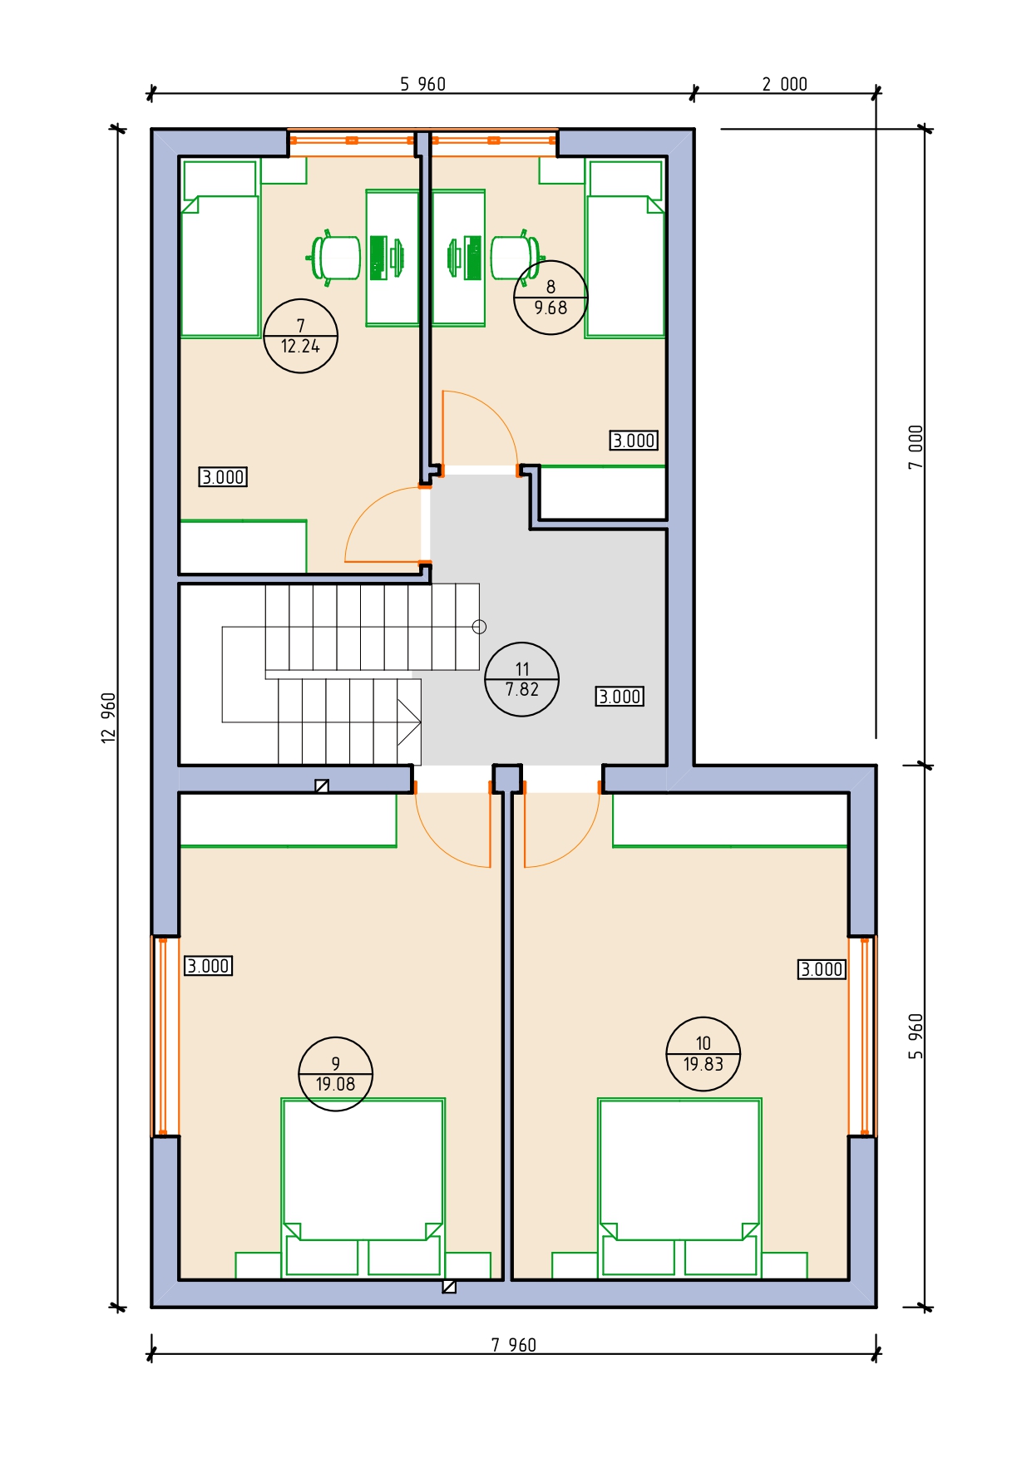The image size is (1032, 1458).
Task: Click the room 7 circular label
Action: (x=300, y=336)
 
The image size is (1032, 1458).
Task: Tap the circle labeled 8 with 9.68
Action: (x=551, y=298)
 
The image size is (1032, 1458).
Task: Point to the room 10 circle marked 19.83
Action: (x=704, y=1054)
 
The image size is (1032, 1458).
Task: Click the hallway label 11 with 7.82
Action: (x=521, y=679)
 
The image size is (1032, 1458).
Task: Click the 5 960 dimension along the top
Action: (x=422, y=84)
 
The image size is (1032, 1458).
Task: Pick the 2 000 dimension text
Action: (x=785, y=84)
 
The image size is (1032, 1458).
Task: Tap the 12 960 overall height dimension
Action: (x=109, y=717)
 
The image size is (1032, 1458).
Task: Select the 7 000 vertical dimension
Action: (x=916, y=447)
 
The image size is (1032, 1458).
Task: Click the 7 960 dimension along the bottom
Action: (x=514, y=1345)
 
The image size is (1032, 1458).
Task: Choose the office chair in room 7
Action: (x=333, y=258)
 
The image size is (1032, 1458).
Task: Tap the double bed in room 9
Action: (x=363, y=1187)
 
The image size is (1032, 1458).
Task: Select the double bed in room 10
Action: (x=679, y=1187)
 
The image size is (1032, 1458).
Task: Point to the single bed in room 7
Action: (x=220, y=249)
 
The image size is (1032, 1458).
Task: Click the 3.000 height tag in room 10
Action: (x=822, y=969)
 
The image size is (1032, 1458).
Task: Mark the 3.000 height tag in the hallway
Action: (x=620, y=697)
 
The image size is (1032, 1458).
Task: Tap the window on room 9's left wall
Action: (x=165, y=1036)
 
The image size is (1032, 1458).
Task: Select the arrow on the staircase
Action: (x=408, y=722)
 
